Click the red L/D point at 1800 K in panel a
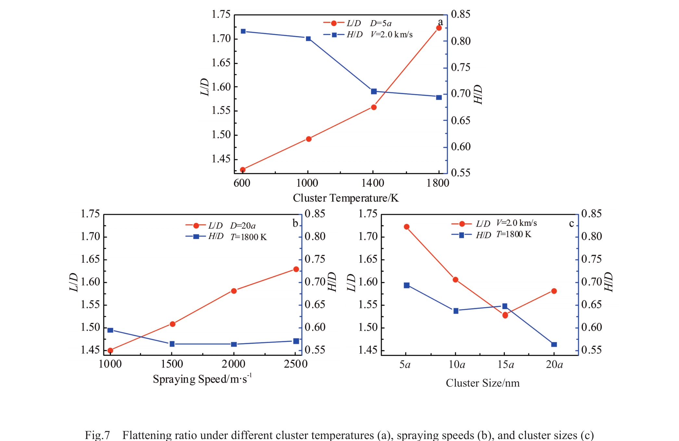point(439,28)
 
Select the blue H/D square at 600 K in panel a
point(243,31)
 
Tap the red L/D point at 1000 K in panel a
point(309,139)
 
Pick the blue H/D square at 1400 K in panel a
point(374,92)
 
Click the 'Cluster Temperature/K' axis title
point(346,198)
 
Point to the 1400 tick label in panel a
point(373,183)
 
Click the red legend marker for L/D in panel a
point(334,23)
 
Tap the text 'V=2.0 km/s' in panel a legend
point(391,34)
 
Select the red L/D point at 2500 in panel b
point(296,269)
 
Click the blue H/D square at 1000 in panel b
point(110,330)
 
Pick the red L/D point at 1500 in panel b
point(173,324)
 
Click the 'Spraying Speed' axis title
point(202,379)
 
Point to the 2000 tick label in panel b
point(234,364)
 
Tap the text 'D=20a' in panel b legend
point(243,225)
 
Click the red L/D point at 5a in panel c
point(406,227)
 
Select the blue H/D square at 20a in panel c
point(554,345)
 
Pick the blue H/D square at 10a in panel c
point(456,311)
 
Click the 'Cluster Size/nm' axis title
point(482,383)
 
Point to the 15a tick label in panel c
point(506,365)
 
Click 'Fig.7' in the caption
point(97,435)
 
